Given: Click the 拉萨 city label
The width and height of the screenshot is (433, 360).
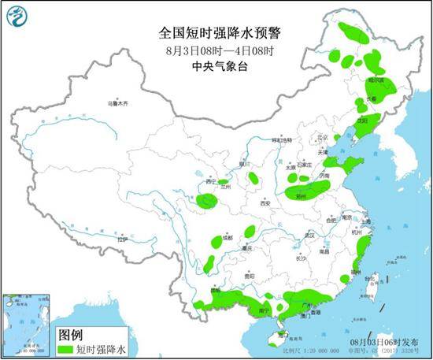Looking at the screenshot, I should click(x=121, y=239).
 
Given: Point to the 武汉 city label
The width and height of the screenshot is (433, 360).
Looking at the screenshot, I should click(x=309, y=235).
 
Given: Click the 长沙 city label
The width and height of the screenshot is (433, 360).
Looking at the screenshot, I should click(x=301, y=258).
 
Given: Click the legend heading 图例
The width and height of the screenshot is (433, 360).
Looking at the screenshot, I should click(x=72, y=334).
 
